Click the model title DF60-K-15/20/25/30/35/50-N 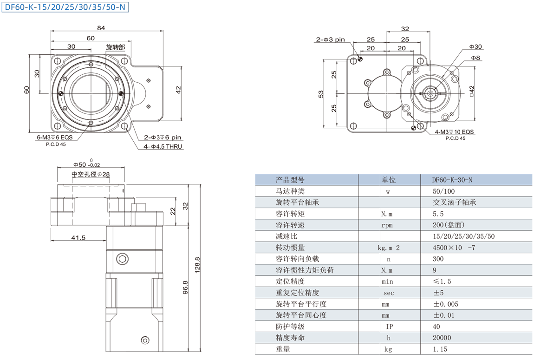click(x=65, y=7)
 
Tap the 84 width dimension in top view click(x=101, y=28)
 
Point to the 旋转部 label click(x=116, y=47)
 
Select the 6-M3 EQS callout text click(x=55, y=137)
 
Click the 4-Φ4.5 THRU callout click(x=163, y=146)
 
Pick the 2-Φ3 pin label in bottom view click(x=330, y=39)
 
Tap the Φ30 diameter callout click(x=475, y=46)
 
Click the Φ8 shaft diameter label click(x=475, y=58)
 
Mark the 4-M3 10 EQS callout click(x=454, y=132)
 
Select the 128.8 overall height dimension click(x=197, y=265)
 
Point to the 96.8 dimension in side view click(x=185, y=288)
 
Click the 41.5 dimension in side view click(x=78, y=237)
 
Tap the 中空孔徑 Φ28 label click(x=91, y=174)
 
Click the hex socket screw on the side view click(x=122, y=259)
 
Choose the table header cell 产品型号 click(x=290, y=180)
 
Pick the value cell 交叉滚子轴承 click(x=454, y=203)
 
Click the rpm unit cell click(x=387, y=225)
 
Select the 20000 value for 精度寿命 click(x=442, y=338)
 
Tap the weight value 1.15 click(x=440, y=349)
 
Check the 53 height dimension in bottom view click(x=321, y=94)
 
